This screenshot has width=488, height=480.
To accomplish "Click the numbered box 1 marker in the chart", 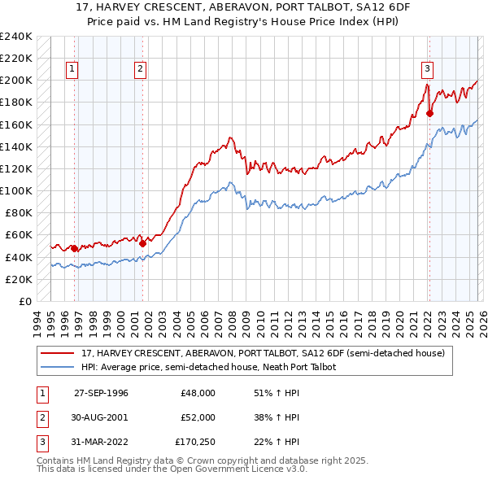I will tap(73, 69).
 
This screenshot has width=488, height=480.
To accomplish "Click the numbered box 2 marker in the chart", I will tap(141, 69).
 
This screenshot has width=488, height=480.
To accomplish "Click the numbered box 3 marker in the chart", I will tap(427, 69).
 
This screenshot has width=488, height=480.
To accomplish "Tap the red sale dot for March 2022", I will tap(429, 113).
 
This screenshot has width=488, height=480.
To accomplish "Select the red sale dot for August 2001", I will tap(142, 242).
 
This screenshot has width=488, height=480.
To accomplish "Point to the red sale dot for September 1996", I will tap(74, 248).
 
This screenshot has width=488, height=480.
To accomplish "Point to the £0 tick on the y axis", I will tap(24, 301).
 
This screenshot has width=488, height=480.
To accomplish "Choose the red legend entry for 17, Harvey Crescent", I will tap(263, 353).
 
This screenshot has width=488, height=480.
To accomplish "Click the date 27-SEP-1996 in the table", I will tap(101, 393).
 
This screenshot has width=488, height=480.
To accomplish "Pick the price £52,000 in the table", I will tap(198, 417).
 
